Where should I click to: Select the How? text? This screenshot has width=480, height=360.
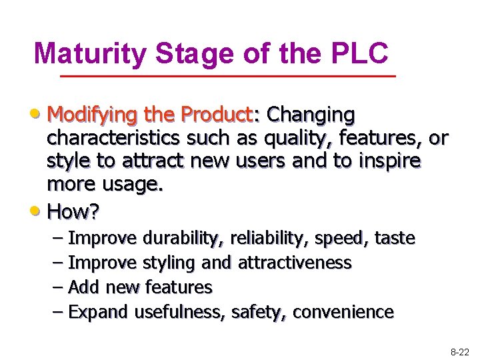coord(73,212)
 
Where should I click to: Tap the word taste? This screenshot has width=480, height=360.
coord(395,238)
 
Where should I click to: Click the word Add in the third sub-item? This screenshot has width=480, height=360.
coord(83,287)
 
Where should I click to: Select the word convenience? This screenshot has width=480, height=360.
coord(343,312)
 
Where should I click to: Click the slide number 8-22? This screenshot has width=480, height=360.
coord(459,350)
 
